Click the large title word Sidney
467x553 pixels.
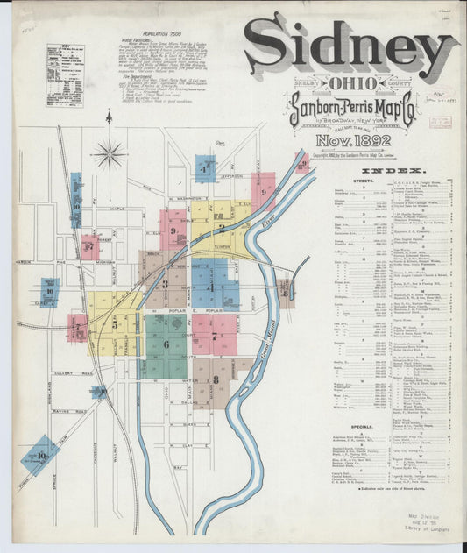[x=350, y=48]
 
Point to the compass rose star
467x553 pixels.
[x=110, y=154]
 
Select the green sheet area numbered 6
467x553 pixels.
[x=166, y=345]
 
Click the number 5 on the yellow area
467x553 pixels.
[x=115, y=324]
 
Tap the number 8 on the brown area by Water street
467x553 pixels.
[x=216, y=379]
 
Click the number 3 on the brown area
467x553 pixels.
[x=164, y=284]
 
